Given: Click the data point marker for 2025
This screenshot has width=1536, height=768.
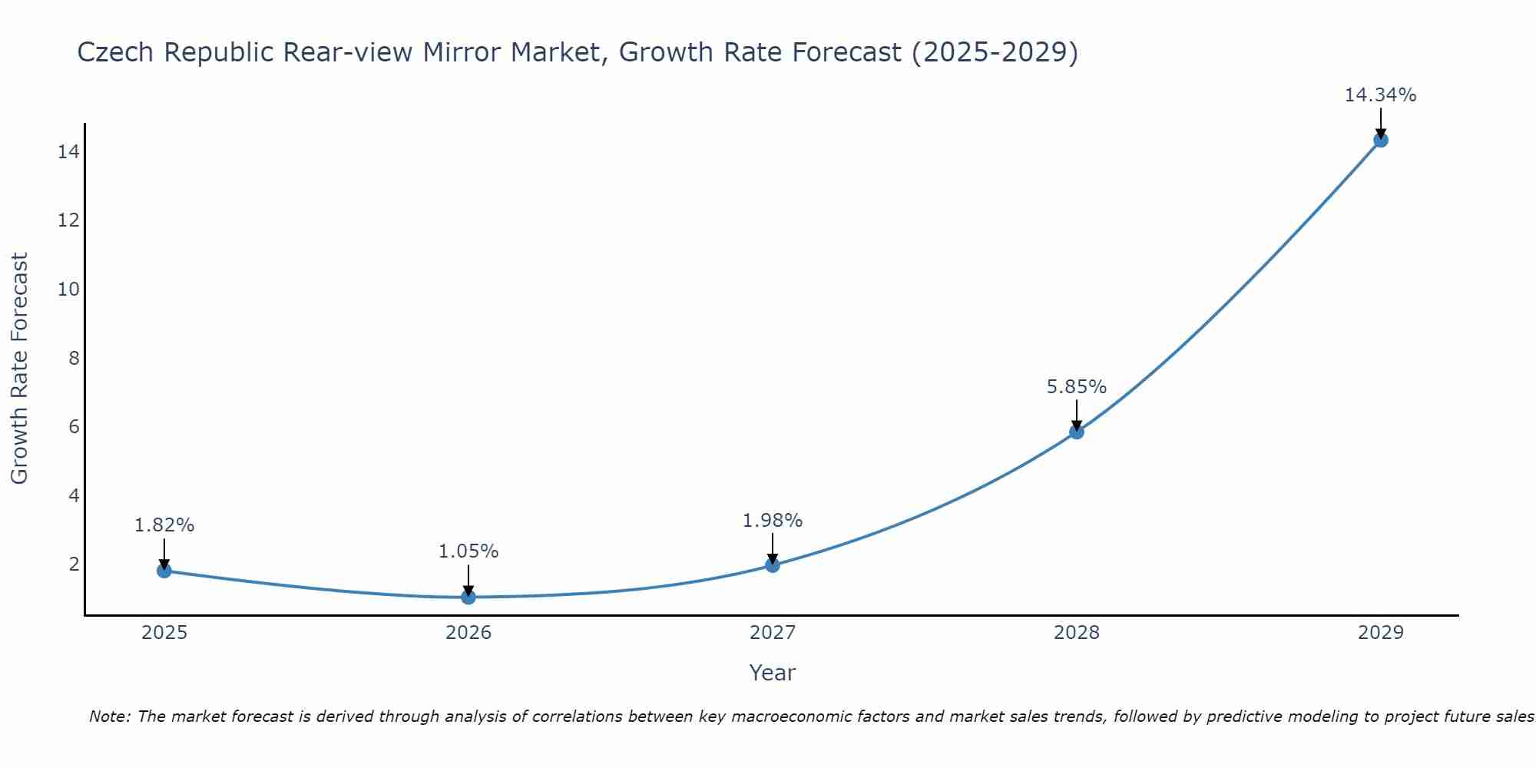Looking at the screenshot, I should pos(164,571).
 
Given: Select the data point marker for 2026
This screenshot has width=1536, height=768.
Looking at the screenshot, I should pos(468,597).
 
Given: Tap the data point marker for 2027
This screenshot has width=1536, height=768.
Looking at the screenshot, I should pos(773,565).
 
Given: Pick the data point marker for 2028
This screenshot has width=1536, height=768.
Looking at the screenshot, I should pos(1077,432).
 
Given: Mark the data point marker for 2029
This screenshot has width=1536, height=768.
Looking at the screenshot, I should pos(1381,140).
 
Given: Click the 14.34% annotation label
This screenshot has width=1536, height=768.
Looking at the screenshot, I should pos(1380,95).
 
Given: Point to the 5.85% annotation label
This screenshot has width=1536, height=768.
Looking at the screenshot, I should pos(1077,387).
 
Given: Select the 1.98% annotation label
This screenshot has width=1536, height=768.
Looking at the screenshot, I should pos(773,521).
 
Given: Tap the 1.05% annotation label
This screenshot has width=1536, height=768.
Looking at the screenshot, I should pos(468,551).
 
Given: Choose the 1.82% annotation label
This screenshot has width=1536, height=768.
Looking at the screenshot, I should pos(164,525).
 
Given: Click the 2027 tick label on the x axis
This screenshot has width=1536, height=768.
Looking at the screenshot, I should pos(773,633).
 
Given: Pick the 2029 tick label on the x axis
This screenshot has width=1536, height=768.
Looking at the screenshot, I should pos(1381,633).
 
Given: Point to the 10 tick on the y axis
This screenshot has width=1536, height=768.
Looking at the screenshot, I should pos(68,290).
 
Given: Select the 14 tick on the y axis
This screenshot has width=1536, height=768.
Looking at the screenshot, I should pos(68,152).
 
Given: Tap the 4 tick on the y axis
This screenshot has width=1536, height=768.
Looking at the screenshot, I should pos(74,495).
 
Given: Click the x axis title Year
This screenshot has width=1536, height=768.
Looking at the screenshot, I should pos(773,673).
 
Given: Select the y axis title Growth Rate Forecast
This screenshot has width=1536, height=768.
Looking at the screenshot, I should pos(19,369).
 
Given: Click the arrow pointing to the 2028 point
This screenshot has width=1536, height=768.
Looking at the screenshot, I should pos(1077,415).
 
